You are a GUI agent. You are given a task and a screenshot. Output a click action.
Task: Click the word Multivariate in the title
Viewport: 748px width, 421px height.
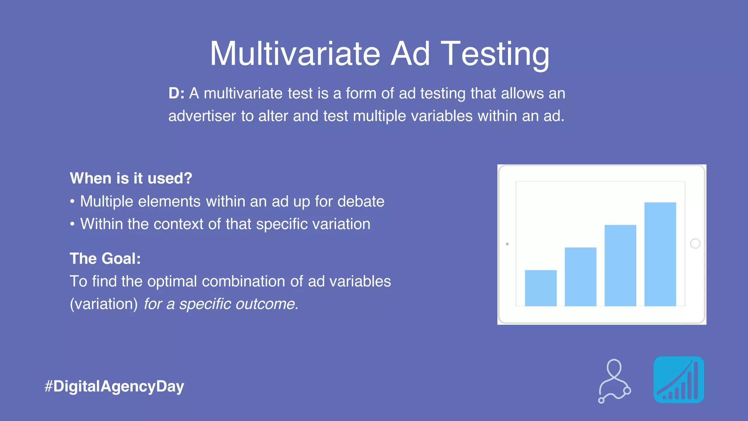pos(295,54)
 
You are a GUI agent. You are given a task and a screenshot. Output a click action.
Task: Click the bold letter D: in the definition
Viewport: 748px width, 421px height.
pos(176,94)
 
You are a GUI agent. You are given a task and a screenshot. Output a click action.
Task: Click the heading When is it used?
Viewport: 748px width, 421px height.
pos(131,178)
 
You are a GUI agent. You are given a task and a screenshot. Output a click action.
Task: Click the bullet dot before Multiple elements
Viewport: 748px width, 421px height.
pos(72,201)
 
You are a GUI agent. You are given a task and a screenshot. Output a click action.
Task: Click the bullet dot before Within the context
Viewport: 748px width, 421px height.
pos(72,224)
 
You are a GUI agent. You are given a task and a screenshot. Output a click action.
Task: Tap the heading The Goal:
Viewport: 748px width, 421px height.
pos(105,258)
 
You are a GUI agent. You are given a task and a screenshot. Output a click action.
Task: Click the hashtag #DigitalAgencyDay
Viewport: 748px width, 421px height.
pos(114,386)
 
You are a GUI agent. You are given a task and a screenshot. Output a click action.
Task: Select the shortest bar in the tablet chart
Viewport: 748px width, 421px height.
pos(541,288)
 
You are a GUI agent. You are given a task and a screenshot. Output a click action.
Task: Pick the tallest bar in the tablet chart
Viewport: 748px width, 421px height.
pos(660,254)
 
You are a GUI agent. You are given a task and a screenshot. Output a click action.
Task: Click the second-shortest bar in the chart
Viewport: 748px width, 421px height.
pos(580,277)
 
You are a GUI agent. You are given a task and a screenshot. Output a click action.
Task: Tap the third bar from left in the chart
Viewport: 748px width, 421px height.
pos(620,265)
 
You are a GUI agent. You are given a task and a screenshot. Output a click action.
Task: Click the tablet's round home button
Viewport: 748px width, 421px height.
pos(695,243)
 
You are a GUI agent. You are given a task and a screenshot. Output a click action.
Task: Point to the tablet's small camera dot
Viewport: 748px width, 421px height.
pos(507,244)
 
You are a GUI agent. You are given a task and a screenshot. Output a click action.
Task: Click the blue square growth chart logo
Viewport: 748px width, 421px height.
pos(679,380)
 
